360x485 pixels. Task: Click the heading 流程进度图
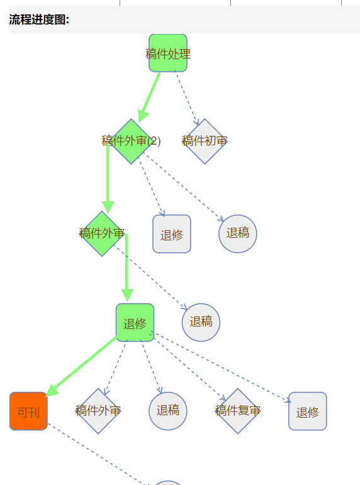pyautogui.click(x=39, y=20)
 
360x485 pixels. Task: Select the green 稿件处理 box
pyautogui.click(x=168, y=53)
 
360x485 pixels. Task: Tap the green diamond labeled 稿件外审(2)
pyautogui.click(x=131, y=142)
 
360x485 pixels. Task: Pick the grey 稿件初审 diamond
pyautogui.click(x=205, y=142)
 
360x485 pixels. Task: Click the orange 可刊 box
pyautogui.click(x=28, y=411)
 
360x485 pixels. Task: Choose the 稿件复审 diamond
pyautogui.click(x=238, y=411)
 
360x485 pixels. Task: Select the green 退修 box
pyautogui.click(x=135, y=323)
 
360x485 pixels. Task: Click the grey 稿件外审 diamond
pyautogui.click(x=98, y=411)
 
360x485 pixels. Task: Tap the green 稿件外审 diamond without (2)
pyautogui.click(x=102, y=234)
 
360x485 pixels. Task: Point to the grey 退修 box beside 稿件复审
pyautogui.click(x=308, y=411)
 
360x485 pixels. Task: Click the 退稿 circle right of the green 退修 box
pyautogui.click(x=201, y=323)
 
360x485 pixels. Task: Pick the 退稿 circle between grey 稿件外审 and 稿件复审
pyautogui.click(x=168, y=411)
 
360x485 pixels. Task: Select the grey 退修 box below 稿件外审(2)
pyautogui.click(x=172, y=234)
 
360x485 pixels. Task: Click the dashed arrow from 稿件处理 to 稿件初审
pyautogui.click(x=187, y=98)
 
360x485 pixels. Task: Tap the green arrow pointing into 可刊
pyautogui.click(x=81, y=367)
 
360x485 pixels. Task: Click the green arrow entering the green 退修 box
pyautogui.click(x=127, y=267)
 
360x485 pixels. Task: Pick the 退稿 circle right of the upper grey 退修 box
pyautogui.click(x=238, y=234)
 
